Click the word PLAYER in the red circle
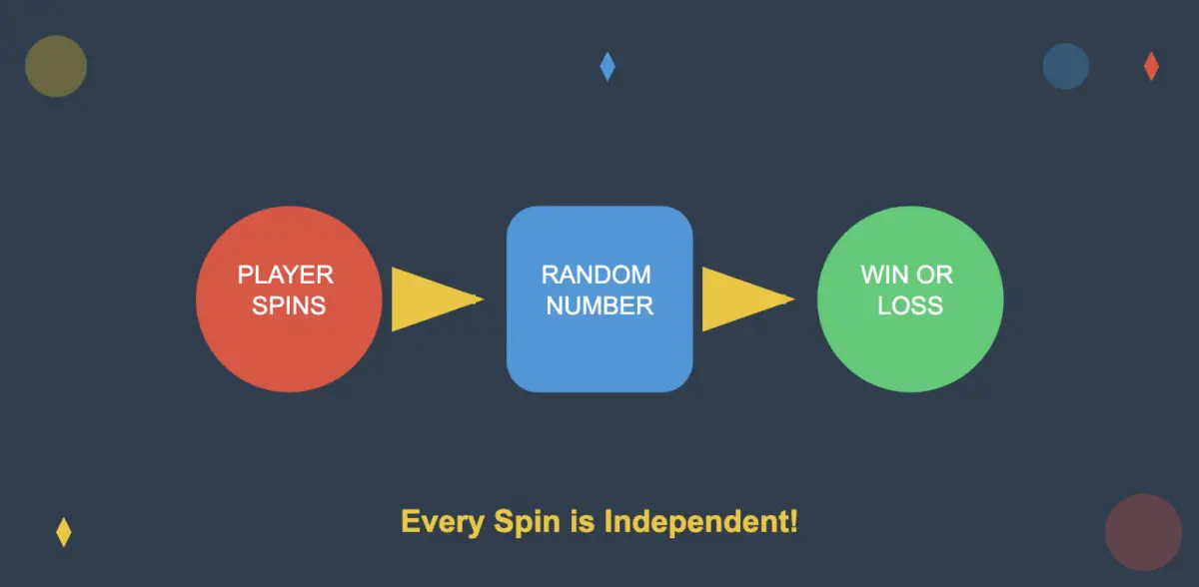(285, 274)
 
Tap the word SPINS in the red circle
(288, 305)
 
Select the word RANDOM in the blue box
(596, 274)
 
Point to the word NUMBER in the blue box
(599, 305)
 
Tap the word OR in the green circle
(936, 274)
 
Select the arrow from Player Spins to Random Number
(430, 298)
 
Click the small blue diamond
(607, 66)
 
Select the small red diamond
(1151, 66)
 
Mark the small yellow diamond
(64, 532)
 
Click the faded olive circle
(56, 66)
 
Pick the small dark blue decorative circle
(1065, 66)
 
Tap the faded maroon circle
(1143, 532)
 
